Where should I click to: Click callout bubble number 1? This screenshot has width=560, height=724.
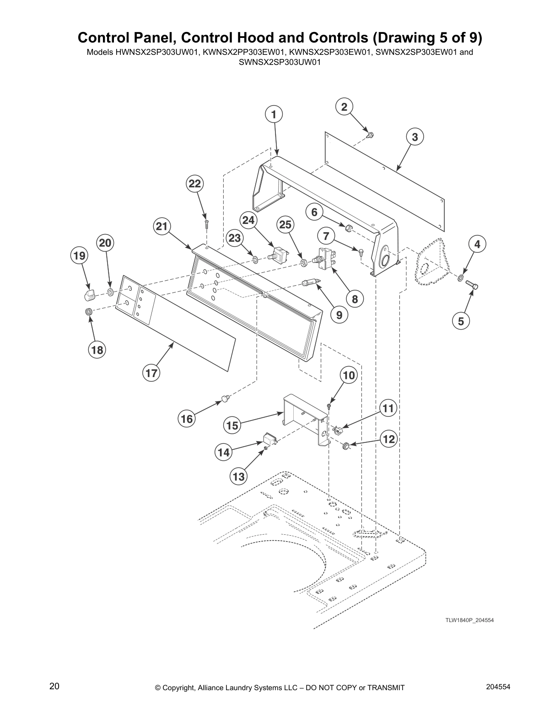[274, 114]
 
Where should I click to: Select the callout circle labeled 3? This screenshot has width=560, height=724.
[415, 137]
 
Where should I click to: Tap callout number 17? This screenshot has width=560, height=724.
[151, 373]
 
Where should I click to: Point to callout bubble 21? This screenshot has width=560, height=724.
[162, 226]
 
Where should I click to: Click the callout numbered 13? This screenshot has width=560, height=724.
[239, 477]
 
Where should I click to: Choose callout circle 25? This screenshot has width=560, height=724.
[285, 224]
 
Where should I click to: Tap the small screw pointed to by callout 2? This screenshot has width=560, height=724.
[370, 134]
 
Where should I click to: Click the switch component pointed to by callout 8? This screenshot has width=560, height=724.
[326, 259]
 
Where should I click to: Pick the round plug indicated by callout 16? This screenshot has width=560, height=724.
[225, 399]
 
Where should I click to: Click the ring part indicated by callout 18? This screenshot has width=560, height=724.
[89, 312]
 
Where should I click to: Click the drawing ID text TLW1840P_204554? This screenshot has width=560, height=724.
[469, 620]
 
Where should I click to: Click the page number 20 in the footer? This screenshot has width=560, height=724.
[54, 686]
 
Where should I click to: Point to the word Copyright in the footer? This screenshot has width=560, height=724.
[180, 688]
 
